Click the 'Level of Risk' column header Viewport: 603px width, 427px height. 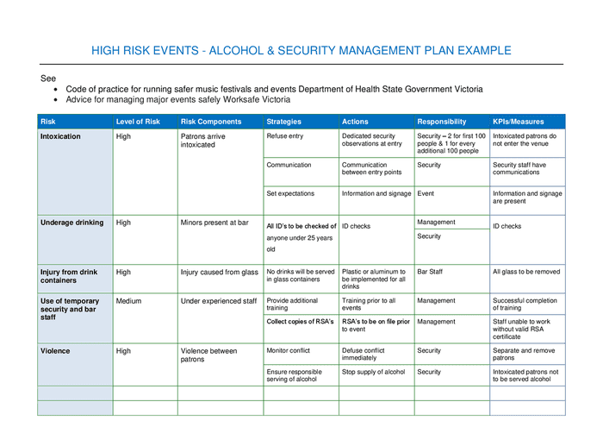coord(138,122)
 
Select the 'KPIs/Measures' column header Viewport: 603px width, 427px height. coord(518,122)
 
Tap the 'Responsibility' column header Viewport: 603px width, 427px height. coord(441,122)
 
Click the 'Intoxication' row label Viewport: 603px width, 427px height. coord(60,136)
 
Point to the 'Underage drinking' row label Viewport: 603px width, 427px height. coord(71,223)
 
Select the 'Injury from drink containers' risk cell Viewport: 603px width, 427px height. coord(69,276)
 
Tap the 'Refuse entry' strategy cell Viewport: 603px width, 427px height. coord(284,136)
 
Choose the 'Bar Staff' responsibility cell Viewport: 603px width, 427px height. coord(433,272)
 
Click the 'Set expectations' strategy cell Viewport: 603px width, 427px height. coord(290,193)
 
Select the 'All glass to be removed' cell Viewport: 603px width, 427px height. coord(525,272)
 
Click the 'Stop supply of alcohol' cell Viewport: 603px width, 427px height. coord(373,372)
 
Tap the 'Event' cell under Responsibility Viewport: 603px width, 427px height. coord(426,193)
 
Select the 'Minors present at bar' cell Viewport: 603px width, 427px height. coord(214,223)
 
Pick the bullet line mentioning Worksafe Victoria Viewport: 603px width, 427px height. coord(177,99)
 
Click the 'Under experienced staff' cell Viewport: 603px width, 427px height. coord(218,301)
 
